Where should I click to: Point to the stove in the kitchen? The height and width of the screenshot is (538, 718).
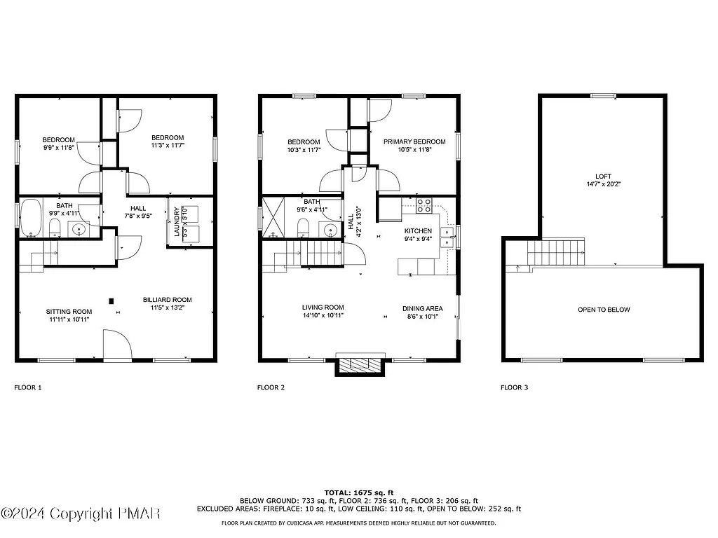(x=424, y=206)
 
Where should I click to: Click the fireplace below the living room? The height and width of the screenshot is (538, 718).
(x=359, y=366)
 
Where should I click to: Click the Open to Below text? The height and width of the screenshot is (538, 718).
(x=603, y=310)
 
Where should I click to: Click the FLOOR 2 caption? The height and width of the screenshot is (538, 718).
(x=271, y=387)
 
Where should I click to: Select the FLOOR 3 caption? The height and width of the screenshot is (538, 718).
(x=514, y=387)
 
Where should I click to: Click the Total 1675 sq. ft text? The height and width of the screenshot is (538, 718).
(x=358, y=492)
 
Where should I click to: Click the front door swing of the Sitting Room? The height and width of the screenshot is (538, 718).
(x=116, y=345)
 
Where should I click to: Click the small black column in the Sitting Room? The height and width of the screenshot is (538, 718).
(x=111, y=301)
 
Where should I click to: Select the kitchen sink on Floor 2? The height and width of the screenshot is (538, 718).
(x=446, y=238)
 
